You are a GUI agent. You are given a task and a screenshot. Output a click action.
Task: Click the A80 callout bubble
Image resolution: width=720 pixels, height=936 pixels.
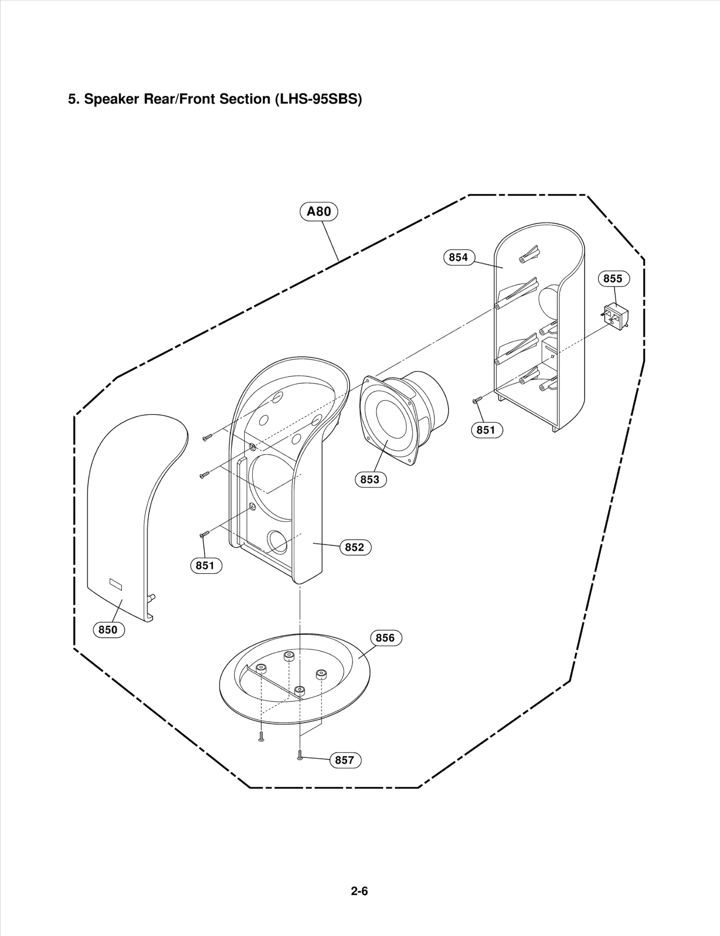[319, 211]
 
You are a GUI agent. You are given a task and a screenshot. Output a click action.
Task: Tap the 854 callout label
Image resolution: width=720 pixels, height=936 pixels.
[458, 257]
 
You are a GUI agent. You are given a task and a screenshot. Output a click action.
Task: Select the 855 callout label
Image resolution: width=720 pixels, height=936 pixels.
[613, 279]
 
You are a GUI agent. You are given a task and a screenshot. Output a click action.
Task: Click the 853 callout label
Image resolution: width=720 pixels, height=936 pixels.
[370, 480]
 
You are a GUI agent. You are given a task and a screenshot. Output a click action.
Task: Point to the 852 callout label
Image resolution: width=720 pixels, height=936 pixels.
[355, 547]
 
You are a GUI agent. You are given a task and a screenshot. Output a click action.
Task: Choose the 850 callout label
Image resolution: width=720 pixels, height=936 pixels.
[108, 630]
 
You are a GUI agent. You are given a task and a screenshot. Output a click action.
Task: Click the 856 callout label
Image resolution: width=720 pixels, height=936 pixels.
[385, 638]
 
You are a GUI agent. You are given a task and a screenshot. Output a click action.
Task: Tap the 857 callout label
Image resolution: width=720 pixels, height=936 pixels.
[345, 760]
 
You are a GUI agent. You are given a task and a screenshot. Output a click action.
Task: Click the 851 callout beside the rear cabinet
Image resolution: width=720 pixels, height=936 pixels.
[486, 430]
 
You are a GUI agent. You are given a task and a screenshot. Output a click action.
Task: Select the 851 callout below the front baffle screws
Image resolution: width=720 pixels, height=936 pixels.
[205, 565]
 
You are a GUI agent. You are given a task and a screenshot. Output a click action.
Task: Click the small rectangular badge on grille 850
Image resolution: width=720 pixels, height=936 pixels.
[116, 584]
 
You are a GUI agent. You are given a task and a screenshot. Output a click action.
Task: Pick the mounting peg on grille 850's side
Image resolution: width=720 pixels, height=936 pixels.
[152, 597]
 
